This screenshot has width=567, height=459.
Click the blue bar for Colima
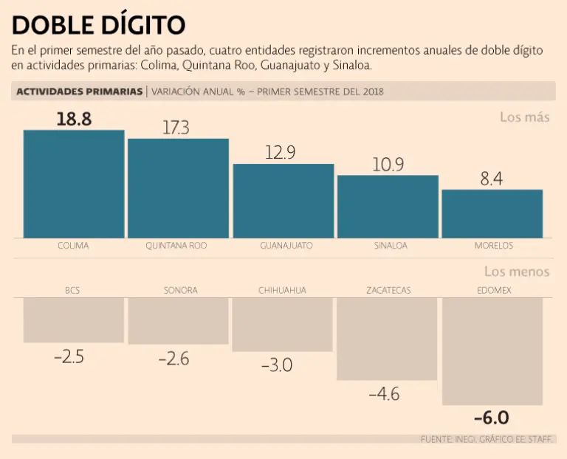(x=73, y=184)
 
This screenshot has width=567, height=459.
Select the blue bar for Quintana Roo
(x=178, y=188)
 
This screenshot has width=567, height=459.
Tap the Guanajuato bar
(x=283, y=201)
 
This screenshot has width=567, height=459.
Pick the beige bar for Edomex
(x=492, y=351)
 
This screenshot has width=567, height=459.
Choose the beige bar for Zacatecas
(x=388, y=339)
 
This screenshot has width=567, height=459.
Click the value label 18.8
(x=74, y=119)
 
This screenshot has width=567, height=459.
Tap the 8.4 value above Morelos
(x=492, y=178)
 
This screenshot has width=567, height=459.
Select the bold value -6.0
(x=491, y=418)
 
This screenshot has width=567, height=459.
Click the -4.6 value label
(x=384, y=394)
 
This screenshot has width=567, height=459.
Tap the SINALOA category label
(x=387, y=246)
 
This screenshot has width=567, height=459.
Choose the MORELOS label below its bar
(x=493, y=246)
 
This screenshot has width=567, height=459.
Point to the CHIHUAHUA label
(x=282, y=290)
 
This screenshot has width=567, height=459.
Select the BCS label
(x=72, y=290)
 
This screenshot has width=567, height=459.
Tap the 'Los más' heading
(x=524, y=117)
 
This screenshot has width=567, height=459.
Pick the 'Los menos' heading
(x=517, y=272)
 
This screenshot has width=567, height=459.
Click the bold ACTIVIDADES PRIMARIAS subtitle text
(x=79, y=92)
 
